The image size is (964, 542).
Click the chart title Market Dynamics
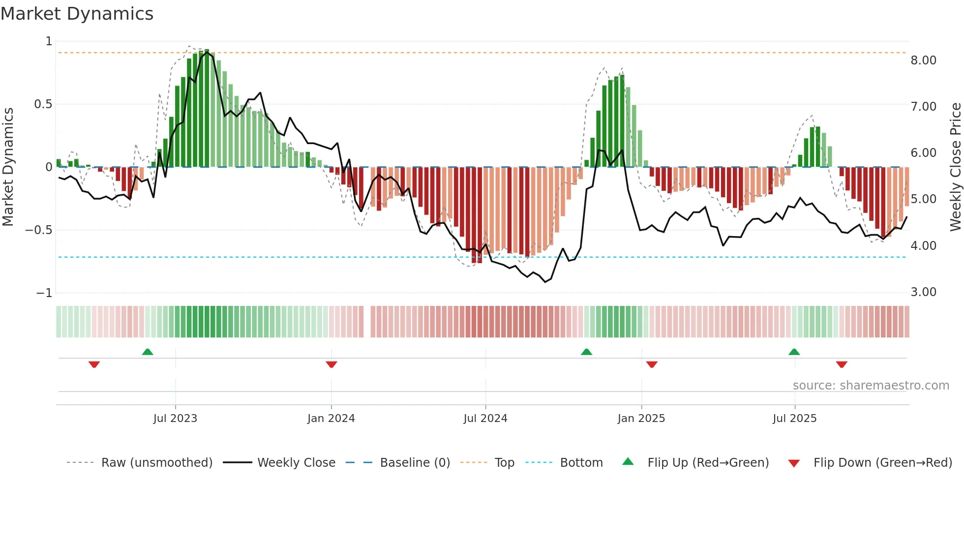point(77,14)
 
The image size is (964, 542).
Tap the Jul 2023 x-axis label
point(175,419)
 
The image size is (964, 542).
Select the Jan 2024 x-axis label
point(331,419)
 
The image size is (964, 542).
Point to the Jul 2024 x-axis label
point(485,419)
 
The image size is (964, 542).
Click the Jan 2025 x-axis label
point(641,419)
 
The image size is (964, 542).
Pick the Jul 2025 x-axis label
point(795,419)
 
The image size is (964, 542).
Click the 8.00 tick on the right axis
point(923,60)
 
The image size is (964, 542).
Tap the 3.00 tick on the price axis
point(923,292)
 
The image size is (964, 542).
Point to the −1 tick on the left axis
point(44,293)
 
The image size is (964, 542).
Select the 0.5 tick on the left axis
point(43,104)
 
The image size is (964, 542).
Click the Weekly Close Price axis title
point(955,167)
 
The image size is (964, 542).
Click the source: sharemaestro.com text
point(871,386)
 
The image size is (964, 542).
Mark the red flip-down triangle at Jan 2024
point(331,364)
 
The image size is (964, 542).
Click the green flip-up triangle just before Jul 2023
point(148,352)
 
